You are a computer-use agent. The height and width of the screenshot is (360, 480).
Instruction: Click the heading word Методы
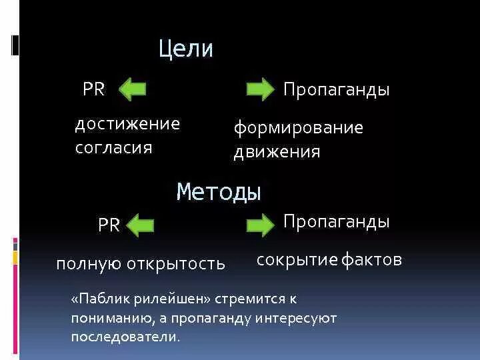pyautogui.click(x=219, y=192)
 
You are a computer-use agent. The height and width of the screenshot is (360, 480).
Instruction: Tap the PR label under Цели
pyautogui.click(x=94, y=89)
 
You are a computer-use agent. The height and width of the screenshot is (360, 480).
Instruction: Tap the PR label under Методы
pyautogui.click(x=109, y=225)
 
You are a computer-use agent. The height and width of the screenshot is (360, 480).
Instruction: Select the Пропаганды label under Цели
pyautogui.click(x=336, y=90)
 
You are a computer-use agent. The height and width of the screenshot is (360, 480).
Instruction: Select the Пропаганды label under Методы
pyautogui.click(x=336, y=221)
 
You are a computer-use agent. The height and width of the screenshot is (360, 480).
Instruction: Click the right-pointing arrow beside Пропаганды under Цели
pyautogui.click(x=259, y=89)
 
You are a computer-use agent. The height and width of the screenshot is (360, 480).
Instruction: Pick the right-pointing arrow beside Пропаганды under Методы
pyautogui.click(x=259, y=225)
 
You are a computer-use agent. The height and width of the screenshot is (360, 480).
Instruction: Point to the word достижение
pyautogui.click(x=127, y=124)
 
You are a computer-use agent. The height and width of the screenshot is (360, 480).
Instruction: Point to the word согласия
pyautogui.click(x=114, y=147)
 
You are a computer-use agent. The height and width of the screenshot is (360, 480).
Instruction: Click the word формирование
pyautogui.click(x=298, y=128)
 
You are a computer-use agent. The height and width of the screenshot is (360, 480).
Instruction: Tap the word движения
pyautogui.click(x=277, y=152)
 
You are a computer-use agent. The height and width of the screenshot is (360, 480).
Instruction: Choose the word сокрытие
pyautogui.click(x=297, y=260)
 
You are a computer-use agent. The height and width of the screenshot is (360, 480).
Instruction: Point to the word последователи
pyautogui.click(x=126, y=337)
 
